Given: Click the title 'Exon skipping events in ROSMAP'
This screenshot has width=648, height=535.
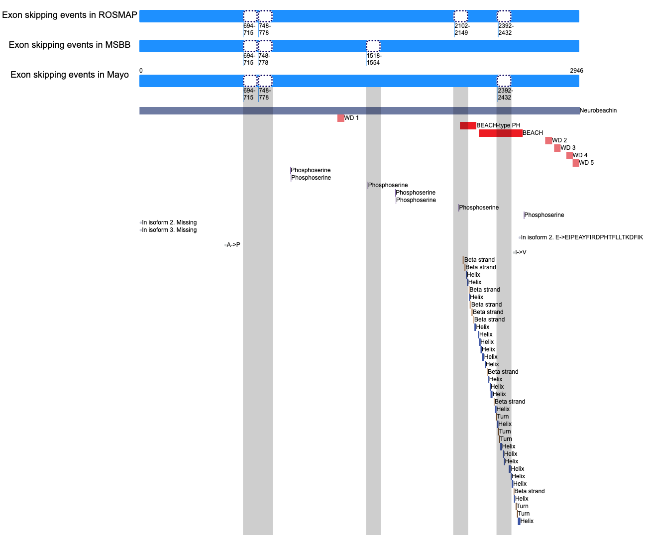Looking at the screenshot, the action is [70, 15].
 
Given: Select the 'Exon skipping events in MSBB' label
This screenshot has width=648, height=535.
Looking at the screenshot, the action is [70, 45].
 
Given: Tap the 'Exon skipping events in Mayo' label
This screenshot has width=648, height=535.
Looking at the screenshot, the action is [70, 75].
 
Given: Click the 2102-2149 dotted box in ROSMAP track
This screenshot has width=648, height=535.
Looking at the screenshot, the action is [460, 16].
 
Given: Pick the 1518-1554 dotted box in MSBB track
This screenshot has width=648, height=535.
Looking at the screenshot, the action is [373, 46].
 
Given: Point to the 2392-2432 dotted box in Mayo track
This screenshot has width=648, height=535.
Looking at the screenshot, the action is [504, 81].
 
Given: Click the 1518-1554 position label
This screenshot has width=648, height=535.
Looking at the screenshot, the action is [374, 59].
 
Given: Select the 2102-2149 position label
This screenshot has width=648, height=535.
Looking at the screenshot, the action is [462, 29].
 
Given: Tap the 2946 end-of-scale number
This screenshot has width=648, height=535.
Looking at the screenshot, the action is [577, 71].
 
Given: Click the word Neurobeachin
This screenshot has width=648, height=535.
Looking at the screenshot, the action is [598, 110].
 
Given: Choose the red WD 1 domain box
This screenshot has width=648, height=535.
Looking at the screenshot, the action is [341, 118].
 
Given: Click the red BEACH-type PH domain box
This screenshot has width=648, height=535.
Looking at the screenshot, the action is [468, 125].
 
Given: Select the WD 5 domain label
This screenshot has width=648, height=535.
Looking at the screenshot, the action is [586, 163].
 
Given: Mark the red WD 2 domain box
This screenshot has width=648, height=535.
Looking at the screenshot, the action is [548, 140].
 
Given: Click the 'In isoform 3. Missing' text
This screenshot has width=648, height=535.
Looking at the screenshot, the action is [169, 230].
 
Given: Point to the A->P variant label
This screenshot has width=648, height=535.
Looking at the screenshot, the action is [233, 245].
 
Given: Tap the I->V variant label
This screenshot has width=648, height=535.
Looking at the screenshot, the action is [521, 252].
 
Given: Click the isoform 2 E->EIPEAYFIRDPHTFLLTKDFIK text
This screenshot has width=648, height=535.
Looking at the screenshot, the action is [582, 237].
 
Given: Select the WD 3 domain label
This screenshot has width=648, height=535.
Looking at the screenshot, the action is [568, 148].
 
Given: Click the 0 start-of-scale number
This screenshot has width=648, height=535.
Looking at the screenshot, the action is [141, 71].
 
